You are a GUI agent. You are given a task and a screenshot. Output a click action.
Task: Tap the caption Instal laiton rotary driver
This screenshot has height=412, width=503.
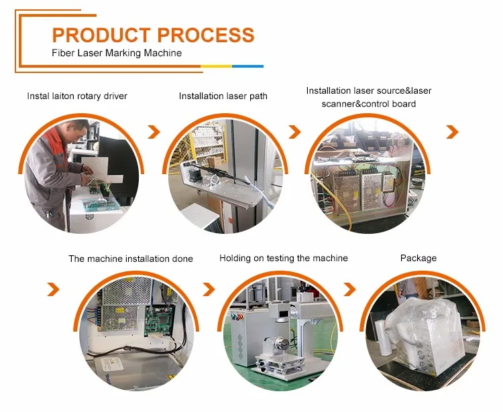click(x=77, y=96)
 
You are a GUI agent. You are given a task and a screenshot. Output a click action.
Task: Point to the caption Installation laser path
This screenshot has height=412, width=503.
click(x=223, y=96)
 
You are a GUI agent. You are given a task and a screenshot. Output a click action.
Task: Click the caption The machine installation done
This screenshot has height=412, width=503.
click(x=131, y=259)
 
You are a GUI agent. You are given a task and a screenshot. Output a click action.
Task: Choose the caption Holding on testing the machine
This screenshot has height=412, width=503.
click(x=284, y=258)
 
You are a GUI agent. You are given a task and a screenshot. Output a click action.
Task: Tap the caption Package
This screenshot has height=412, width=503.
click(x=418, y=258)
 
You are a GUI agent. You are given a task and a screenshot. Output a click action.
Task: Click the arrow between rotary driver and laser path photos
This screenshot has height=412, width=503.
click(x=154, y=132)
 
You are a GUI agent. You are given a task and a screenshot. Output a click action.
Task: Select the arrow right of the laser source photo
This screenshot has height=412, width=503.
click(x=452, y=132)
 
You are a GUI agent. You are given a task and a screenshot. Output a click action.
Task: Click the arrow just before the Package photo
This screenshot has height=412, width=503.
click(x=349, y=289)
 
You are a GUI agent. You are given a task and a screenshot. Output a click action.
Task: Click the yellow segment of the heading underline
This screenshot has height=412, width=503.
click(x=216, y=66)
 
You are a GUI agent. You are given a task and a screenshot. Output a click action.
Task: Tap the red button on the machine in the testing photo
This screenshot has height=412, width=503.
click(x=234, y=317)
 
